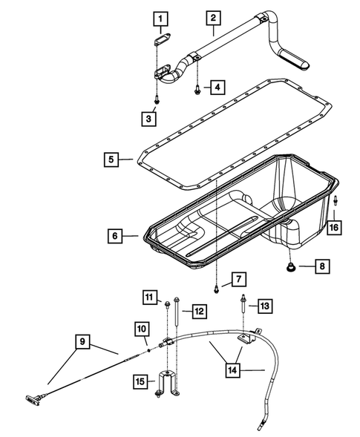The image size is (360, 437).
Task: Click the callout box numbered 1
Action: click(x=161, y=18)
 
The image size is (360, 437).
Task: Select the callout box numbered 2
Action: click(x=213, y=18)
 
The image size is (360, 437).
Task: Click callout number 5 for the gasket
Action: click(x=112, y=158)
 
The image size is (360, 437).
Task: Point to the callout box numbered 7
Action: click(x=238, y=279)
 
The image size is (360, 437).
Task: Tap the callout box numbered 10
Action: click(x=142, y=328)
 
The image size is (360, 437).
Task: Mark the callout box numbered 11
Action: click(x=151, y=298)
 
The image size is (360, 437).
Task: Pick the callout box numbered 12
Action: click(x=199, y=310)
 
